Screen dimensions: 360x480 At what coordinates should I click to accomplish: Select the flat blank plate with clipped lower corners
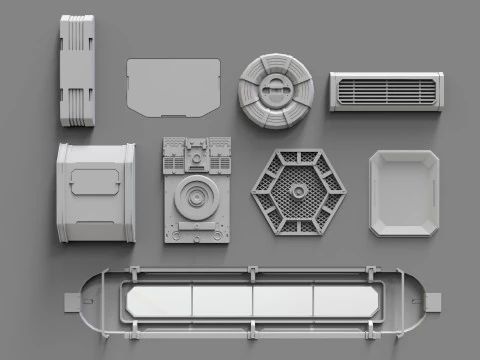(x=173, y=87)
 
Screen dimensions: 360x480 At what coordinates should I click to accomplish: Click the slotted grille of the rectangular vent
(x=384, y=92)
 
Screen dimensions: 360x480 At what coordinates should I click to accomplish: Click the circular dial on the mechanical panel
(x=197, y=197)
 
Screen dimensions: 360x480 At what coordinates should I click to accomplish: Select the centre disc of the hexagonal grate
(x=297, y=191)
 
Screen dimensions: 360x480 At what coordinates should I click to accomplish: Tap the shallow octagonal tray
(x=404, y=192)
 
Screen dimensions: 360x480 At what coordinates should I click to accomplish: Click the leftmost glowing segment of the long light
(x=158, y=298)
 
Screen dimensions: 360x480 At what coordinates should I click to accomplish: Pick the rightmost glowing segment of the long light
(x=344, y=298)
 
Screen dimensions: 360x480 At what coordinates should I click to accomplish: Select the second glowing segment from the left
(x=221, y=298)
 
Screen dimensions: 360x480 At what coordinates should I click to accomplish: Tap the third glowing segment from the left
(x=283, y=298)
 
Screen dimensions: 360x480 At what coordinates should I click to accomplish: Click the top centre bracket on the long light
(x=253, y=272)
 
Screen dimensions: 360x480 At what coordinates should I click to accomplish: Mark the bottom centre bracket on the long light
(x=253, y=327)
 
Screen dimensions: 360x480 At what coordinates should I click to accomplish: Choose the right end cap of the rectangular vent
(x=436, y=91)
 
